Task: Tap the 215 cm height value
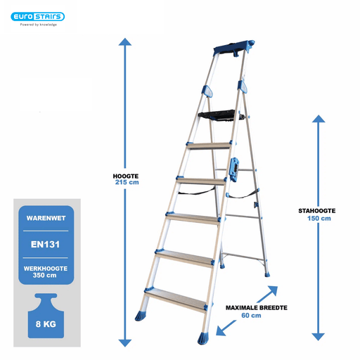[x=127, y=182]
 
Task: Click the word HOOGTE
[x=126, y=176]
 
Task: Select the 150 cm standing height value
[x=319, y=219]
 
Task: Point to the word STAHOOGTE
[x=317, y=211]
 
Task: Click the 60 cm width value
[x=251, y=316]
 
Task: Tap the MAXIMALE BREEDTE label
[x=257, y=308]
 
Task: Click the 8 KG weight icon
[x=46, y=316]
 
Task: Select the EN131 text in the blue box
[x=46, y=245]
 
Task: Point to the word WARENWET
[x=46, y=218]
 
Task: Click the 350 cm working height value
[x=44, y=275]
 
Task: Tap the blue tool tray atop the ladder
[x=234, y=49]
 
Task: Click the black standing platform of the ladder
[x=220, y=115]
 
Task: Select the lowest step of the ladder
[x=176, y=300]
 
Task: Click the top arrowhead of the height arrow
[x=125, y=41]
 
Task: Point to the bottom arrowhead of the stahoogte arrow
[x=319, y=337]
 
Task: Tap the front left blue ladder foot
[x=141, y=316]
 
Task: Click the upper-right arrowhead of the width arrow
[x=274, y=290]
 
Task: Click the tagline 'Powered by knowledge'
[x=39, y=25]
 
